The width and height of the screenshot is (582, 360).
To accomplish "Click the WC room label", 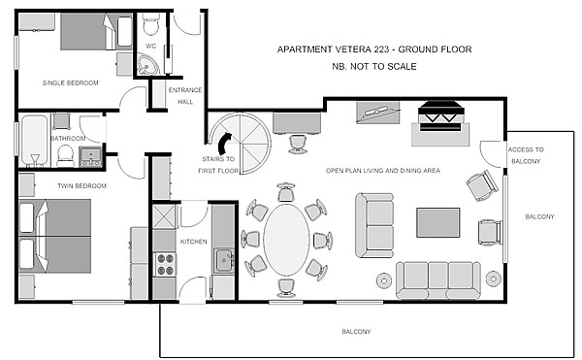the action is (150, 46).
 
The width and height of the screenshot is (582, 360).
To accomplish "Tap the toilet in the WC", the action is (150, 23).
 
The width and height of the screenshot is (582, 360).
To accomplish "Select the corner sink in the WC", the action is (147, 64).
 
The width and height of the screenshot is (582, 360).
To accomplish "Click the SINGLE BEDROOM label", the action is (70, 82).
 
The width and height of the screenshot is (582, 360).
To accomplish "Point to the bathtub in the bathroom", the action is (34, 141).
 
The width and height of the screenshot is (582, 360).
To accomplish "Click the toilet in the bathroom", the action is (66, 155).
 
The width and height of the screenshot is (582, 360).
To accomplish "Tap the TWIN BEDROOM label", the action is (81, 185).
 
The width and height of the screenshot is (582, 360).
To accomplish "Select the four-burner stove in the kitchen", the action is (165, 264).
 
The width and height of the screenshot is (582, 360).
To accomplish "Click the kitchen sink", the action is (223, 260).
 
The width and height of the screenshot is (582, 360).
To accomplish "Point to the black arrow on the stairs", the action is (225, 144).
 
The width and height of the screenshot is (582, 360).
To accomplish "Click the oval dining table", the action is (286, 240).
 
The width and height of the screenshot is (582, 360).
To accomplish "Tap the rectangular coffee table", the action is (438, 222).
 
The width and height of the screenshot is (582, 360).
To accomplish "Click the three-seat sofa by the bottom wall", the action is (438, 280).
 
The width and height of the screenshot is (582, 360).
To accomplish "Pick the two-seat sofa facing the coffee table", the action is (374, 225).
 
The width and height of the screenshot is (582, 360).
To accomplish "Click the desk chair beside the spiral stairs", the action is (298, 144).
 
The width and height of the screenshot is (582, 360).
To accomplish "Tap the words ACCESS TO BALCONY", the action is (526, 155).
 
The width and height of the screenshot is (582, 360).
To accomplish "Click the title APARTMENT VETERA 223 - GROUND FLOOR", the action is (374, 49).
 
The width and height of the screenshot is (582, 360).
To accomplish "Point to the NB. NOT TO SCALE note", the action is (374, 66).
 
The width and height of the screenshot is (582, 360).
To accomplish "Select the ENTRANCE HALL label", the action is (185, 96).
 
